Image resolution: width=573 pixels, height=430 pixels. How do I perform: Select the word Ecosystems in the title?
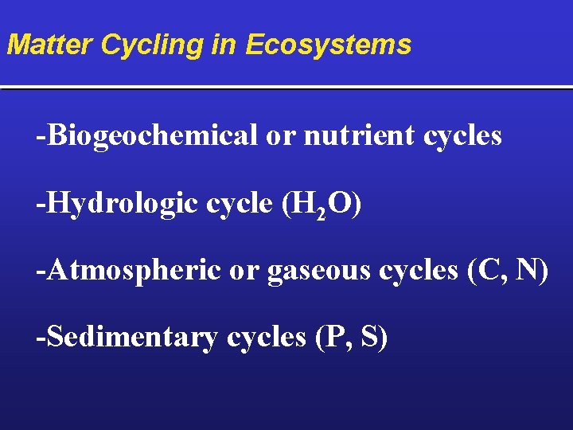328,45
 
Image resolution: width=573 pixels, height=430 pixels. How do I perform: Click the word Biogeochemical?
151,136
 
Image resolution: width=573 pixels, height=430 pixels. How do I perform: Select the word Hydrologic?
120,204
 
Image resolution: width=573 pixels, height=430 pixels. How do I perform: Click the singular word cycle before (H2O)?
239,205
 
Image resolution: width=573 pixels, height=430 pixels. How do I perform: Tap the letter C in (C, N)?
485,271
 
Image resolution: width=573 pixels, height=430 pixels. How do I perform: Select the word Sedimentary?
131,338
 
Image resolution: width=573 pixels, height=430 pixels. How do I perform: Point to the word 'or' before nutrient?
279,136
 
